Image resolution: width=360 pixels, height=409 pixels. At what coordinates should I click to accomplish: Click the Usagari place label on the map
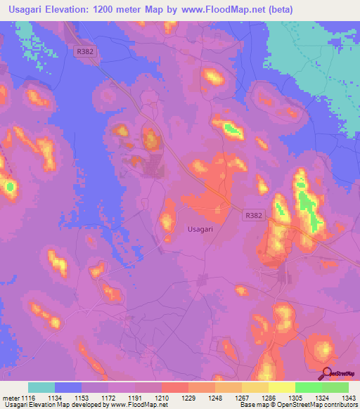pos(200,228)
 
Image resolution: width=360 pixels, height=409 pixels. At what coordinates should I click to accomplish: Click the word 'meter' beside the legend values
pos(11,397)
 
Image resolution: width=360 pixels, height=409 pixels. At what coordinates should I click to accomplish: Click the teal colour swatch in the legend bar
pos(41,387)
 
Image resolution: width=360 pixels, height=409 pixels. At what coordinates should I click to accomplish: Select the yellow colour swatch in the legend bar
pos(281,387)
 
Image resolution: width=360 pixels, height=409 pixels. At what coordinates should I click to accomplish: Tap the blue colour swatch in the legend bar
pos(68,387)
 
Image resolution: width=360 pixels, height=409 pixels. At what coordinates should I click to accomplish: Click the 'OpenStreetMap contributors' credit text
pos(317,405)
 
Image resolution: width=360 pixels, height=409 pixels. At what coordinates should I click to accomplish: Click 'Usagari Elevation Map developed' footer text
pos(49,405)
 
